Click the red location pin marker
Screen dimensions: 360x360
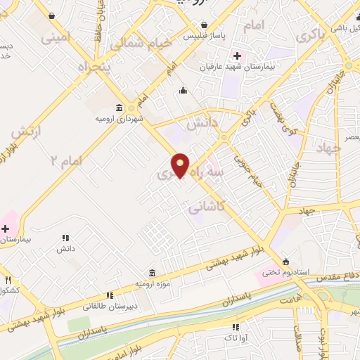click(x=181, y=165)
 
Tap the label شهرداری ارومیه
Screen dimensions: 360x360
click(x=120, y=118)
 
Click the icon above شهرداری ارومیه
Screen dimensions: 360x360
click(x=118, y=108)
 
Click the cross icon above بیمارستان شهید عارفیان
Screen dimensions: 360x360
click(x=237, y=56)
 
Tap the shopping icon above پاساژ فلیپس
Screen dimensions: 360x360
click(x=203, y=25)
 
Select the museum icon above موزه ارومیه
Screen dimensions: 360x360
click(x=152, y=273)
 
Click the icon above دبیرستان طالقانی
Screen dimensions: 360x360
click(x=108, y=296)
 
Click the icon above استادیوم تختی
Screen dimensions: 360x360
click(x=285, y=259)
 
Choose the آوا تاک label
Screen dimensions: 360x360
click(x=236, y=337)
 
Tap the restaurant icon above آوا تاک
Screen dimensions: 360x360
click(x=236, y=327)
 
